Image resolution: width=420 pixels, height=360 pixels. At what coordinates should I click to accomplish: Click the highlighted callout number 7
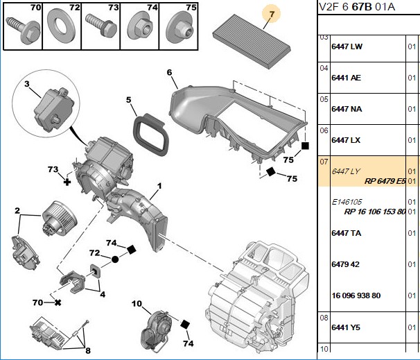[x=272, y=14]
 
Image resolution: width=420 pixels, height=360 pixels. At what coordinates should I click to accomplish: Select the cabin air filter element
[x=252, y=42]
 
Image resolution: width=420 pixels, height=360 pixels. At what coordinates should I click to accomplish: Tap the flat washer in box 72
[x=62, y=26]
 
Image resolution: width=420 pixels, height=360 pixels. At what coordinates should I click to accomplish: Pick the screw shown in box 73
[x=101, y=26]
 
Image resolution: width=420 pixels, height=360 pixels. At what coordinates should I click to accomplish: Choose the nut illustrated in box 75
[x=180, y=29]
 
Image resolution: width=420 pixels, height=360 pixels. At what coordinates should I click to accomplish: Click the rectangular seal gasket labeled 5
[x=151, y=135]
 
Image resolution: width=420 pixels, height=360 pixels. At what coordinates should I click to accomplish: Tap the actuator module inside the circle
[x=53, y=110]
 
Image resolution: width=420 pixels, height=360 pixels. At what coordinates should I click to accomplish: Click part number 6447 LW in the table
[x=347, y=46]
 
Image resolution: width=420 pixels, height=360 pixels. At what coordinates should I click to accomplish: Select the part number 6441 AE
[x=346, y=78]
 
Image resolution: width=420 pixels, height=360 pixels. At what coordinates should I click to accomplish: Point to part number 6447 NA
[x=347, y=109]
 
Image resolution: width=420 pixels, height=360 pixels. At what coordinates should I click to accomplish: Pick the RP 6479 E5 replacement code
[x=385, y=181]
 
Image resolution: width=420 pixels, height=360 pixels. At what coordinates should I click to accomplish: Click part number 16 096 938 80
[x=356, y=295]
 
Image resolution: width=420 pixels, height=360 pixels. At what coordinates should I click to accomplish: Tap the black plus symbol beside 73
[x=67, y=182]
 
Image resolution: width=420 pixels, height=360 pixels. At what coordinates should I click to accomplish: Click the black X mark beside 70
[x=58, y=302]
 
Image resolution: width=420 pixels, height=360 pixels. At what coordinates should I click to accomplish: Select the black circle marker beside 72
[x=115, y=259]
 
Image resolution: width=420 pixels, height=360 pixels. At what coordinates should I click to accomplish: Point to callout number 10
[x=137, y=303]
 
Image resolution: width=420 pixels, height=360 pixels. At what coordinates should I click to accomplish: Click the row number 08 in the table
[x=324, y=318]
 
